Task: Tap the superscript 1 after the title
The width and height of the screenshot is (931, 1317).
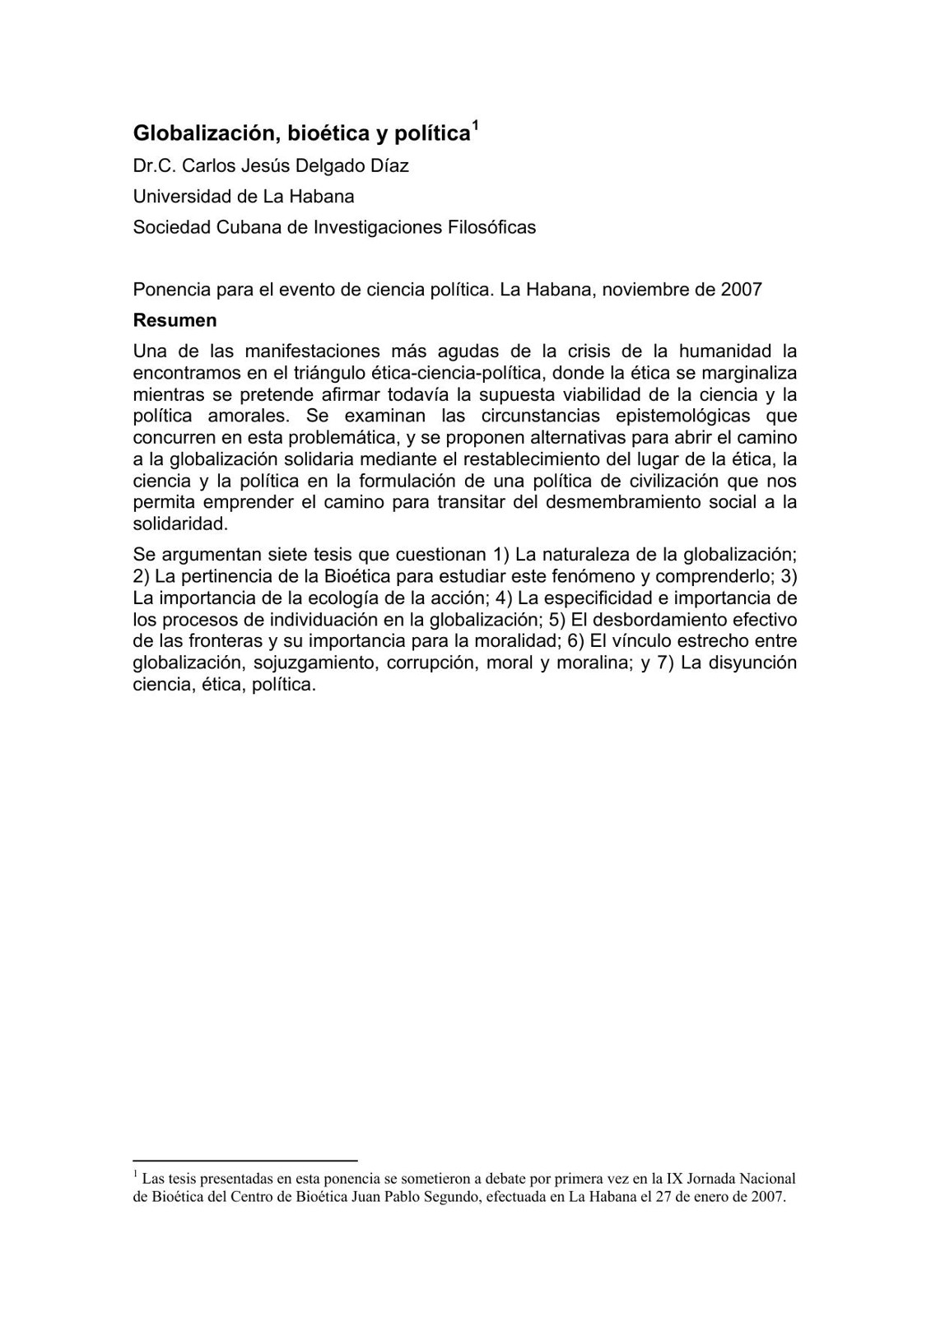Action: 475,127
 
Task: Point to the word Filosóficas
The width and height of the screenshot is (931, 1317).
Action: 491,227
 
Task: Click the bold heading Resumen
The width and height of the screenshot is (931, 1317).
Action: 175,320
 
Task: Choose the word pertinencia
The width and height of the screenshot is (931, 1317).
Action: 224,576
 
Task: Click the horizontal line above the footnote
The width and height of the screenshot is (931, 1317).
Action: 244,1159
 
